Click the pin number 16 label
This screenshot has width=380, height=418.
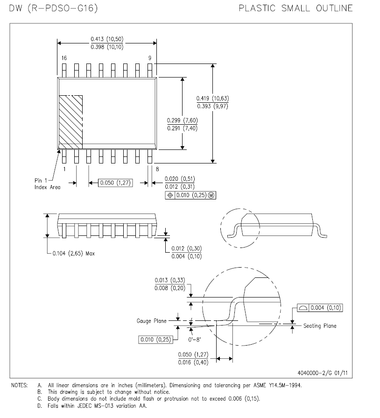(64, 58)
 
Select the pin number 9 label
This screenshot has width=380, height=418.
(150, 58)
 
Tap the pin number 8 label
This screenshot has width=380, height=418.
(157, 169)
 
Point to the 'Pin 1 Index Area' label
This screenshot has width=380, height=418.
(48, 184)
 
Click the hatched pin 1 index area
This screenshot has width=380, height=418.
(70, 122)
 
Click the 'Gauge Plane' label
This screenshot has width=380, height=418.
(152, 321)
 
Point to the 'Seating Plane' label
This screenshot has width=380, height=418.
(320, 326)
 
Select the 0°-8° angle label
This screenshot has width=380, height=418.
(195, 340)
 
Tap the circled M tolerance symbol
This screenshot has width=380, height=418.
(211, 195)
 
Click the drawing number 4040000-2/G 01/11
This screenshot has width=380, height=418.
(323, 373)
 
